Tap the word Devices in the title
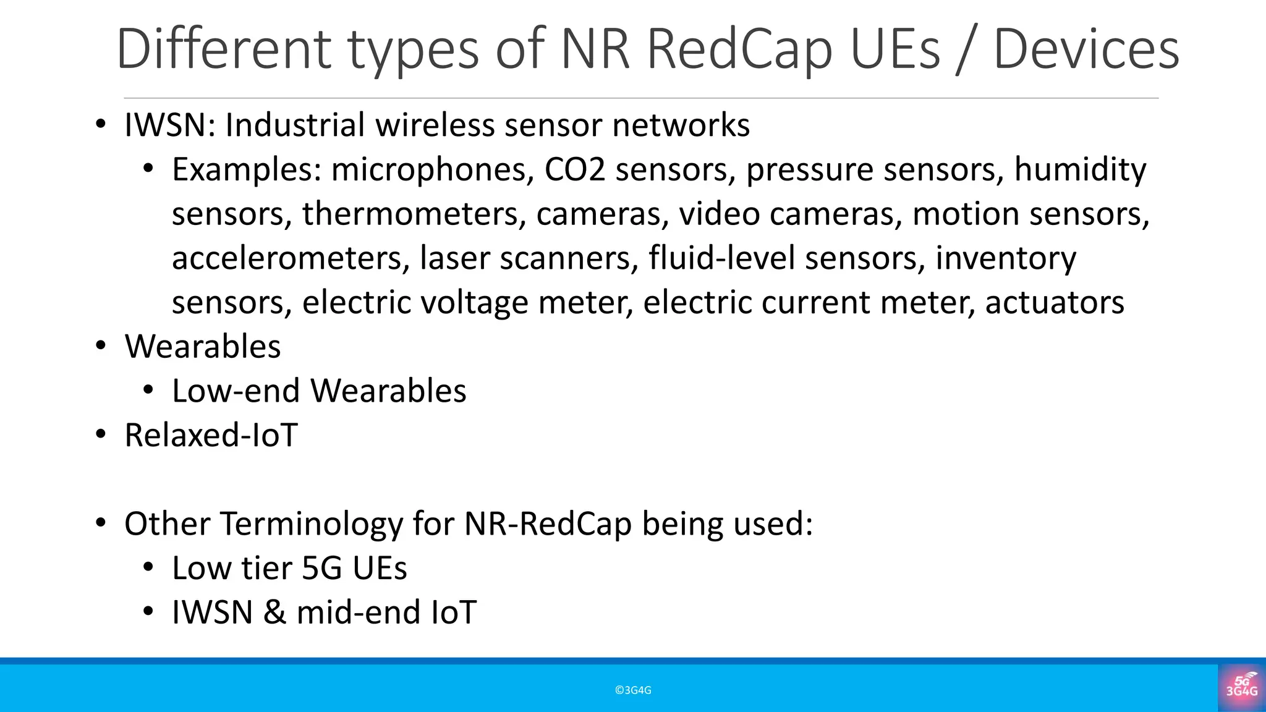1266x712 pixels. click(x=1086, y=49)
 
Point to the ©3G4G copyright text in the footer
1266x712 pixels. click(x=633, y=690)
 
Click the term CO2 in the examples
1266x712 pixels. click(x=574, y=170)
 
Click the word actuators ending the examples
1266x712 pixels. click(x=1055, y=303)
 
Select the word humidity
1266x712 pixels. click(x=1080, y=170)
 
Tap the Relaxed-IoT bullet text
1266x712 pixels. click(x=211, y=435)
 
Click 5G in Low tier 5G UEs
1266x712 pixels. click(x=321, y=569)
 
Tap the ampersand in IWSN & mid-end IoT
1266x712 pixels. click(x=274, y=613)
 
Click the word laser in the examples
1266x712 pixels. click(x=454, y=258)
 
